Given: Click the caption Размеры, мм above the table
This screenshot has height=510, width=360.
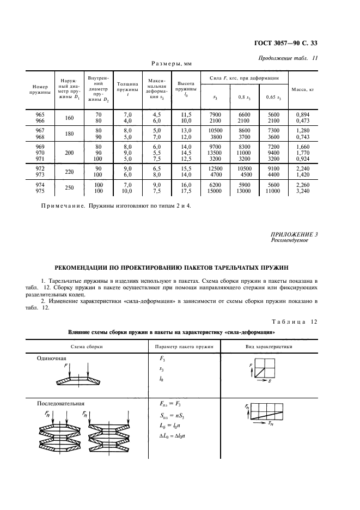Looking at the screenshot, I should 168,64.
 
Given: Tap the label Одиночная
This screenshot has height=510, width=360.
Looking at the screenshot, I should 51,358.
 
